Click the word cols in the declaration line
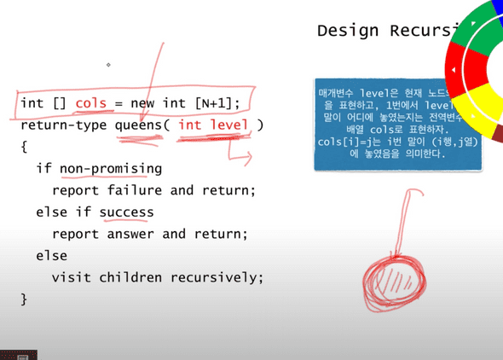click(90, 103)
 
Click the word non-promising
click(110, 169)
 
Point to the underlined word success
click(126, 212)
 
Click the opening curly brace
click(24, 147)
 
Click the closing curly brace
click(24, 299)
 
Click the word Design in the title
click(341, 31)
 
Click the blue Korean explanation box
click(396, 124)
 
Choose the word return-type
click(63, 125)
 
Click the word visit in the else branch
click(71, 277)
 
